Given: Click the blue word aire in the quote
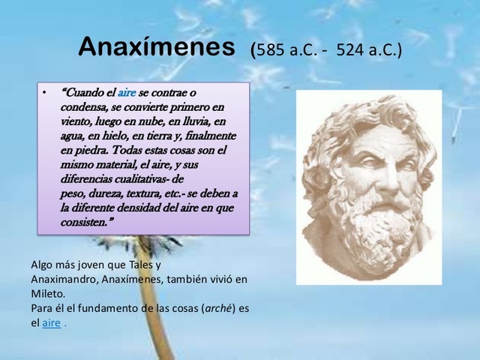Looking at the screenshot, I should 127,92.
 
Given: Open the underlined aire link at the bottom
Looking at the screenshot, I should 51,322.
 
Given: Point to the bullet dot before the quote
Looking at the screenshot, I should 44,93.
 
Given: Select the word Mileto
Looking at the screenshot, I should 48,293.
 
